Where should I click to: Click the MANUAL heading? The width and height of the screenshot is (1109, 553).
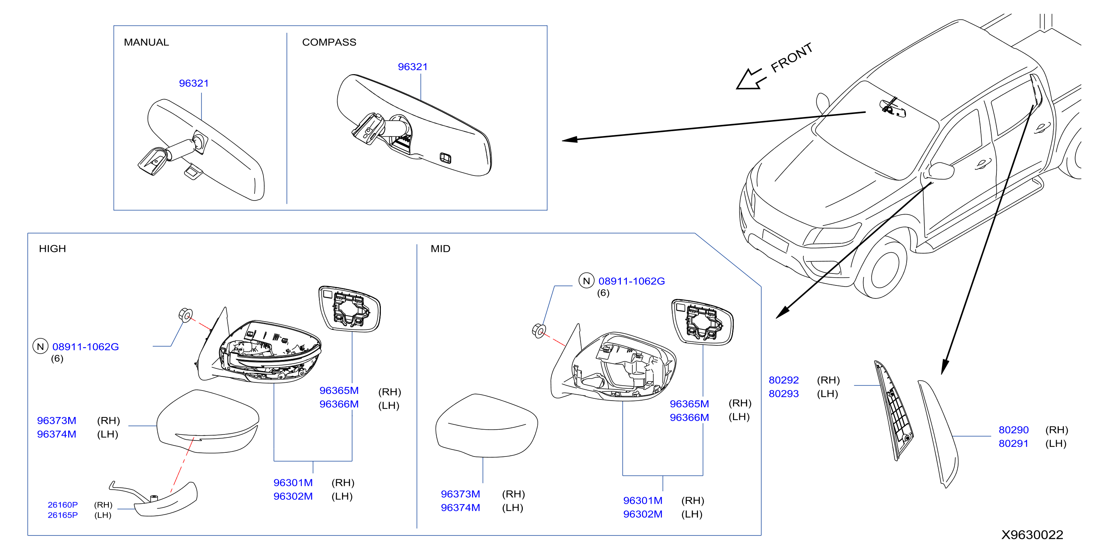(146, 42)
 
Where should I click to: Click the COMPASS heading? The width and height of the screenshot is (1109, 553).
(329, 42)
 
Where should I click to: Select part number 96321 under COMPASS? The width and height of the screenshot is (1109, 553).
(413, 67)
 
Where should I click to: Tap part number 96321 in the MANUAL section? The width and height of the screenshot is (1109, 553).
(194, 83)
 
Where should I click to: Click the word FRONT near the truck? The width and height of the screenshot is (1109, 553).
(791, 57)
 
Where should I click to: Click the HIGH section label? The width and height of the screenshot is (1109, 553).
(53, 249)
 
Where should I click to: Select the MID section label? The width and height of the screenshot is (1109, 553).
(440, 249)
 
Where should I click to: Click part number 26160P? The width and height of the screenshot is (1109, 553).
(63, 505)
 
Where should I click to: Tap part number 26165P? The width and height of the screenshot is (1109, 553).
(63, 515)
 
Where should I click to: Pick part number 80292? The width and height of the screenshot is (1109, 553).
(784, 380)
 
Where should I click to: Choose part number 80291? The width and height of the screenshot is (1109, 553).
(1014, 443)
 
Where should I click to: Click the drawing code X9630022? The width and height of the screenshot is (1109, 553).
(1032, 534)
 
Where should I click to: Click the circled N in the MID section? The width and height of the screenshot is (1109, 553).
(586, 281)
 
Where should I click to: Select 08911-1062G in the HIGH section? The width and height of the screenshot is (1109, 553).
(86, 347)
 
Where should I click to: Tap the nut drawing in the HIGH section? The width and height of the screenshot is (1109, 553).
(186, 315)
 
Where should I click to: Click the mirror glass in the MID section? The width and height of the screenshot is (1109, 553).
(702, 322)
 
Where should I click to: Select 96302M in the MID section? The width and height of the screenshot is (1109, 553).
(643, 514)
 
